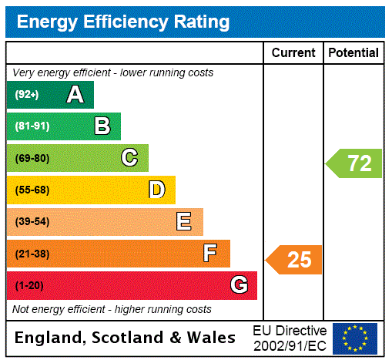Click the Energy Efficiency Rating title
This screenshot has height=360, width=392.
coord(123,22)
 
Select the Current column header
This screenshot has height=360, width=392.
coord(293,52)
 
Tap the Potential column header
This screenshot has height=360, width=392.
coord(353,52)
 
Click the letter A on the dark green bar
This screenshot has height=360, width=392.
coord(75,95)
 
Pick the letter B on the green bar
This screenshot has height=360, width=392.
coord(102,126)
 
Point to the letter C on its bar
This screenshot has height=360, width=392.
coord(129,158)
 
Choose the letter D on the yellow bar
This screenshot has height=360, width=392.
coord(156,190)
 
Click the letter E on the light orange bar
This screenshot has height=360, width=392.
coord(184,222)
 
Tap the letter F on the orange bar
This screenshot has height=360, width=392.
coord(210,254)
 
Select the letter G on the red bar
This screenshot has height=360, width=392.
coord(239,285)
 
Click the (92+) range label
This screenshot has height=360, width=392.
coord(27,95)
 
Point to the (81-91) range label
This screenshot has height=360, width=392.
coord(32,126)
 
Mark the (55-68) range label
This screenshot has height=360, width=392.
coord(32,190)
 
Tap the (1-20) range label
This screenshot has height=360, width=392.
coord(29,286)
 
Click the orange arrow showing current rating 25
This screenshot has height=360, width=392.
coord(294,260)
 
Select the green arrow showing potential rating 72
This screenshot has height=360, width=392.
coord(354,163)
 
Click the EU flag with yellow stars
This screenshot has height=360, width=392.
coord(355,338)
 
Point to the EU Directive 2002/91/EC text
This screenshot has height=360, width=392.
coord(290,338)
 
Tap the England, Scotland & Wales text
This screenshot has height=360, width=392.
coord(126,338)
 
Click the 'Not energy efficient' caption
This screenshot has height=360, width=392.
coord(112,309)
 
